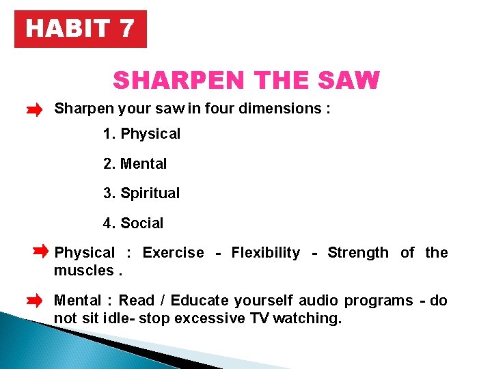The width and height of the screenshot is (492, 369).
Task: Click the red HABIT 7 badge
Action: coord(80,29)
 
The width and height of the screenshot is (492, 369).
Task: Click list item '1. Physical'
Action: coord(141,134)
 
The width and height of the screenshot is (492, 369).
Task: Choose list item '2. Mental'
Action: coord(135,164)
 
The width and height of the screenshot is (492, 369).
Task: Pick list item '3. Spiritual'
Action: coord(141,193)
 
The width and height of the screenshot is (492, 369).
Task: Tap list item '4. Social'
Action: coord(133,223)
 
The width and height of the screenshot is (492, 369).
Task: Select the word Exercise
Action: coord(173,253)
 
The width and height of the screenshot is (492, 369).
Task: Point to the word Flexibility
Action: coord(265,253)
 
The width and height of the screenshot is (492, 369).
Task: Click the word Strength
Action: coord(357,253)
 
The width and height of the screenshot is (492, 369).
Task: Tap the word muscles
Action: coord(83,270)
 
